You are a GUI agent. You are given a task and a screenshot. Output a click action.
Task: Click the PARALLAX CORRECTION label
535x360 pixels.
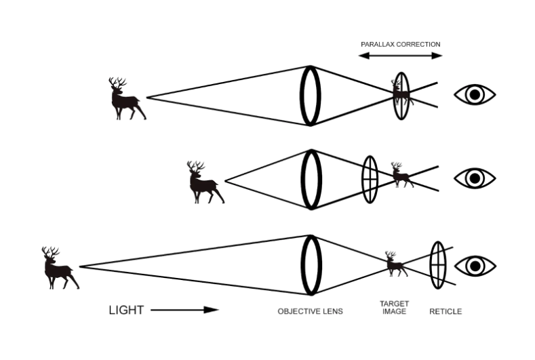pyautogui.click(x=401, y=44)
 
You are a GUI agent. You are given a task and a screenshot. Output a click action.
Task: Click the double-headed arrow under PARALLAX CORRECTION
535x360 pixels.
pyautogui.click(x=401, y=56)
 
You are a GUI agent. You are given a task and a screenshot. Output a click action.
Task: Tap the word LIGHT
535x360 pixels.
pyautogui.click(x=126, y=311)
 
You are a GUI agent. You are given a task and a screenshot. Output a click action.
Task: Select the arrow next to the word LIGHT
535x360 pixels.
pyautogui.click(x=184, y=310)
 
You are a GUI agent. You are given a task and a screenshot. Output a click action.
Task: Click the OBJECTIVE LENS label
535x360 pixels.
pyautogui.click(x=310, y=312)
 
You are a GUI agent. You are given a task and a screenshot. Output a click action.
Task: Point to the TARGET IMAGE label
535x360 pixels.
pyautogui.click(x=394, y=307)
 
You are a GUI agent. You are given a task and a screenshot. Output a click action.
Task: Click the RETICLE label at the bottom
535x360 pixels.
pyautogui.click(x=445, y=312)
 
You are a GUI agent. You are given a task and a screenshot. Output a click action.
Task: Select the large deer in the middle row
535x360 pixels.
pyautogui.click(x=205, y=182)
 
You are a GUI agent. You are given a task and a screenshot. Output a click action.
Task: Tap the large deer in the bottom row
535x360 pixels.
pyautogui.click(x=60, y=268)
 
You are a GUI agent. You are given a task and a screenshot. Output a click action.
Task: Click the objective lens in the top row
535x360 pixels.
pyautogui.click(x=310, y=96)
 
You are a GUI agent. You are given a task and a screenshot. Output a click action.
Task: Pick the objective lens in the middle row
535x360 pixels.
pyautogui.click(x=311, y=180)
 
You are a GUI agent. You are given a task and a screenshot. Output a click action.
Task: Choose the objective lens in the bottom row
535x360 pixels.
pyautogui.click(x=311, y=265)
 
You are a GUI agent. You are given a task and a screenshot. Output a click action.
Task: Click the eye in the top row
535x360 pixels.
pyautogui.click(x=475, y=94)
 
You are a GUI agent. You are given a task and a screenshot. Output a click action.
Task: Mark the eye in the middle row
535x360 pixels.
pyautogui.click(x=475, y=178)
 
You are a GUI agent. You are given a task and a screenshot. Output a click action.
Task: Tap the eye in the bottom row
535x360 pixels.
pyautogui.click(x=475, y=266)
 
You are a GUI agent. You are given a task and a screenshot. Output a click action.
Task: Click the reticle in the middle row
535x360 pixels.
pyautogui.click(x=370, y=180)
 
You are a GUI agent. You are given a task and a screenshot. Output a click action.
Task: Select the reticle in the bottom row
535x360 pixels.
pyautogui.click(x=438, y=265)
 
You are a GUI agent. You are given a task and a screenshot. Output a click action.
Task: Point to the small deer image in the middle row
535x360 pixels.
pyautogui.click(x=402, y=175)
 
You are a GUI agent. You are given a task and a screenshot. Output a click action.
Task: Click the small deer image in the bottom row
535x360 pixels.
pyautogui.click(x=396, y=264)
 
